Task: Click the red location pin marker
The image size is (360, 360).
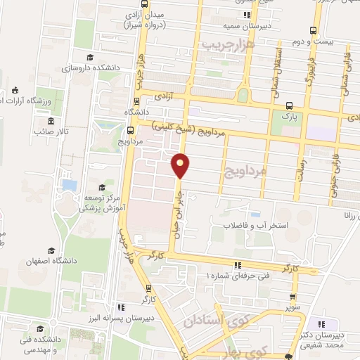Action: click(181, 165)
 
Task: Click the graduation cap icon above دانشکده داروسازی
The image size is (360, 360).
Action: click(89, 58)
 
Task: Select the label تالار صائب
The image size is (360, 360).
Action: click(53, 131)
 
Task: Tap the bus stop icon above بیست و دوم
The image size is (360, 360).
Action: click(314, 30)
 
